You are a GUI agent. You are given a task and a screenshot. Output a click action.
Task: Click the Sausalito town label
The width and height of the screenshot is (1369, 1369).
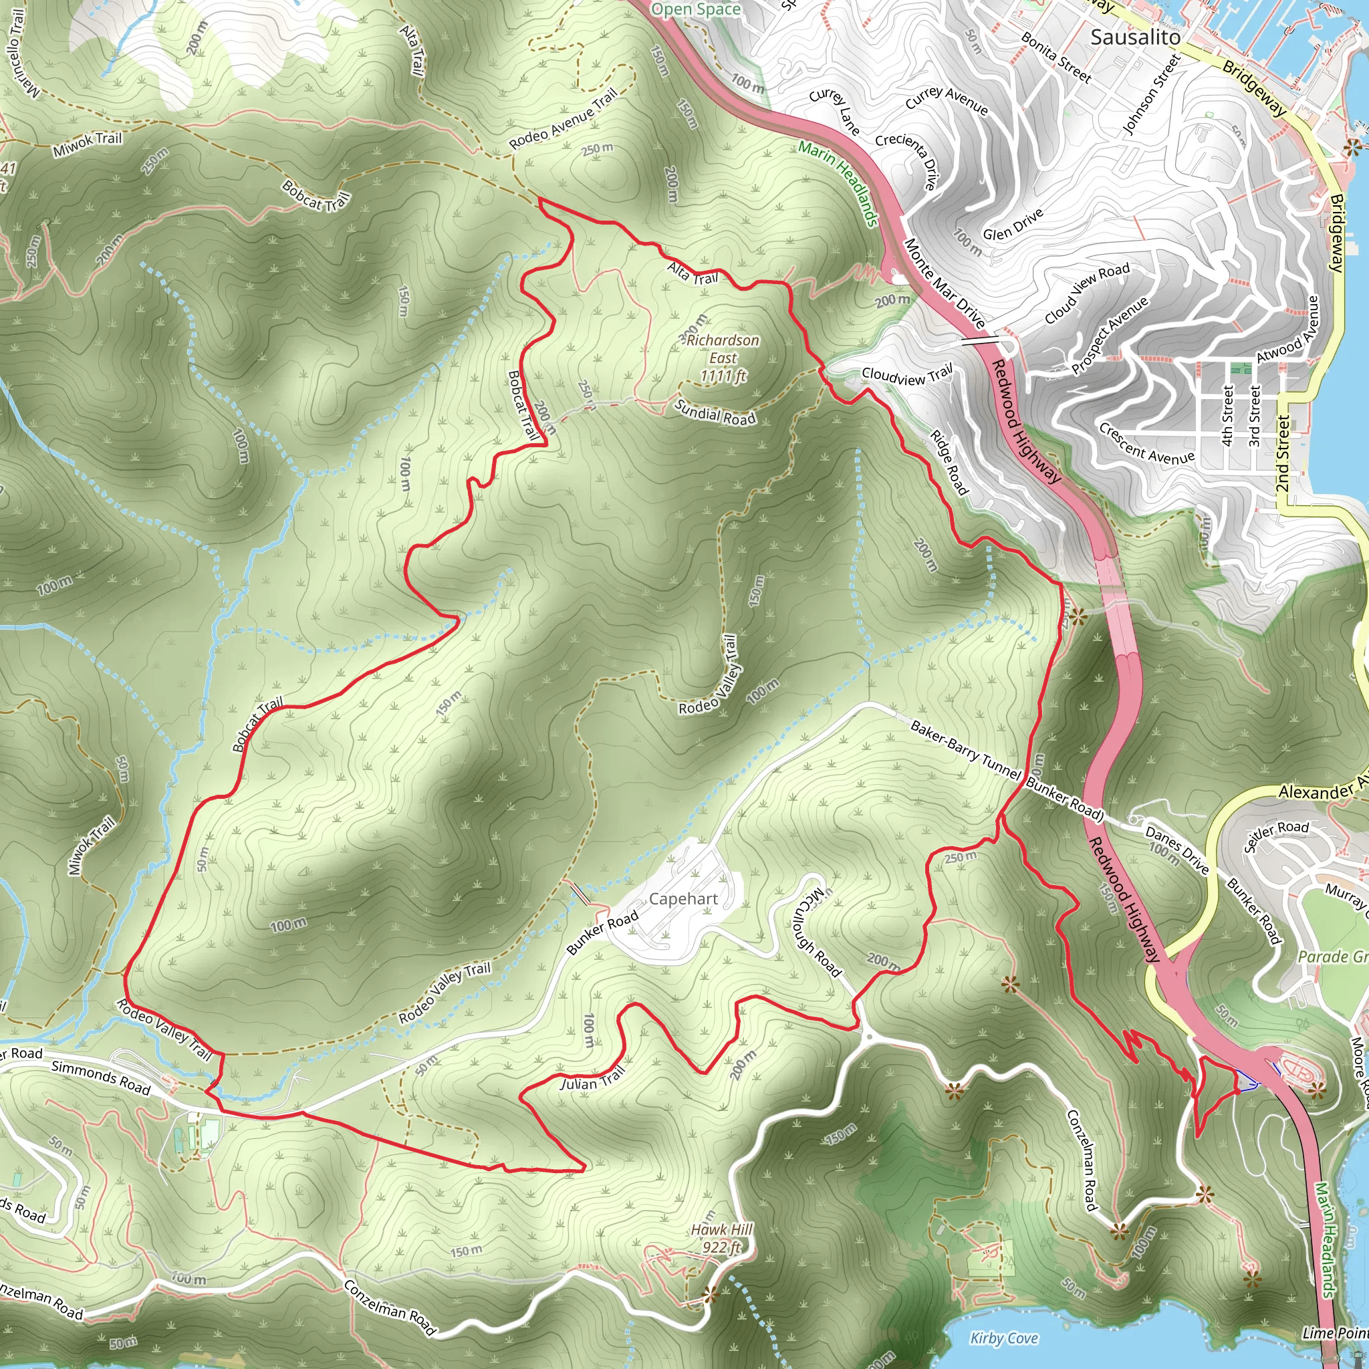coord(1135,37)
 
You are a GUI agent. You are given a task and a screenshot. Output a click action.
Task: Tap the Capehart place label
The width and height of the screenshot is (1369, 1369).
coord(683,899)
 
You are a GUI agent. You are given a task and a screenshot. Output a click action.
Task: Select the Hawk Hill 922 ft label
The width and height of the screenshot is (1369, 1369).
coord(722,1238)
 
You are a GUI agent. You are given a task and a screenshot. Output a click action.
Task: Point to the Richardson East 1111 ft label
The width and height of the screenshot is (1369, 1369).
coord(723,358)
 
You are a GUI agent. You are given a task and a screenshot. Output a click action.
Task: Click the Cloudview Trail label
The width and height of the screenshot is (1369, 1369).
coord(907,376)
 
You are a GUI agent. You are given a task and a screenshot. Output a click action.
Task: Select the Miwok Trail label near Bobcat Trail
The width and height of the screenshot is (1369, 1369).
coord(87,144)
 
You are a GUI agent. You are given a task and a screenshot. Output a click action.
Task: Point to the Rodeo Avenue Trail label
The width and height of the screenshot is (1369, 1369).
coord(564,118)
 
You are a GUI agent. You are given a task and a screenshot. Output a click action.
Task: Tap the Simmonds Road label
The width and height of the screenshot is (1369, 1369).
coord(101,1076)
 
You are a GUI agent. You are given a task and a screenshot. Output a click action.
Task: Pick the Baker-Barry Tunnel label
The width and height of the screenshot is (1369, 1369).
coord(965,750)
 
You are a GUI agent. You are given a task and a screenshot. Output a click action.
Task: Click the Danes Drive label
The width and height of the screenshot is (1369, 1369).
coord(1177,850)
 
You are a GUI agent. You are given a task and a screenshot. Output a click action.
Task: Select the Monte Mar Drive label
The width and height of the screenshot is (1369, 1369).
coord(945,283)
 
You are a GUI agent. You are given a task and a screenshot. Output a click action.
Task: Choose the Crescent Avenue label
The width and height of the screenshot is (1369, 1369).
coord(1146,444)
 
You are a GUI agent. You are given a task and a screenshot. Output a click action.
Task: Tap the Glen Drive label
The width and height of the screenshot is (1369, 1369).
coord(1013,225)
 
